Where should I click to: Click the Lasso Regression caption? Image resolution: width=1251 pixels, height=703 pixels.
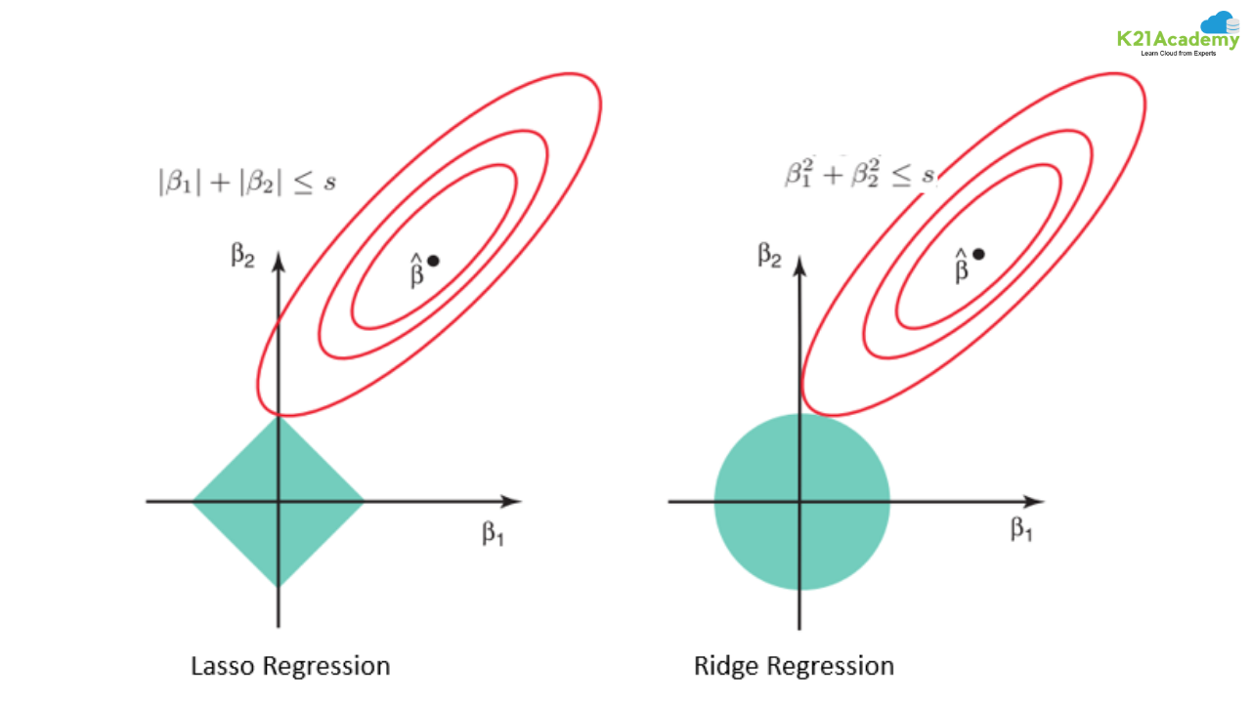[290, 667]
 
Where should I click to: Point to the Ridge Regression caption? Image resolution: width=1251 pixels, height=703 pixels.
[794, 667]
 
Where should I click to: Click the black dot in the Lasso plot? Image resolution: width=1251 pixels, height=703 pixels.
[433, 260]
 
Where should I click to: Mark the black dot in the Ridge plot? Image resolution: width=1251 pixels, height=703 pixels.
[978, 254]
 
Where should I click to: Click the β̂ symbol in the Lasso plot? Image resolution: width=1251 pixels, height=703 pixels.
[416, 270]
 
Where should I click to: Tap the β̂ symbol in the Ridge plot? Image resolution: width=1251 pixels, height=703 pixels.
[962, 265]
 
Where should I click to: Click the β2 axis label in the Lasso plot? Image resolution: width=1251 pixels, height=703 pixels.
[242, 255]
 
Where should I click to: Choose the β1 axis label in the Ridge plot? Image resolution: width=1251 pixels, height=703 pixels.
[1021, 529]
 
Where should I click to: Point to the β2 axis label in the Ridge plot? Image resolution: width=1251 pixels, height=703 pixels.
[769, 256]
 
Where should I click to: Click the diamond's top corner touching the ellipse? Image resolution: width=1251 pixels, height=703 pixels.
[279, 417]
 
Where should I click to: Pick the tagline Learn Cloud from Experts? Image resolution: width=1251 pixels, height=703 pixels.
[1179, 53]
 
